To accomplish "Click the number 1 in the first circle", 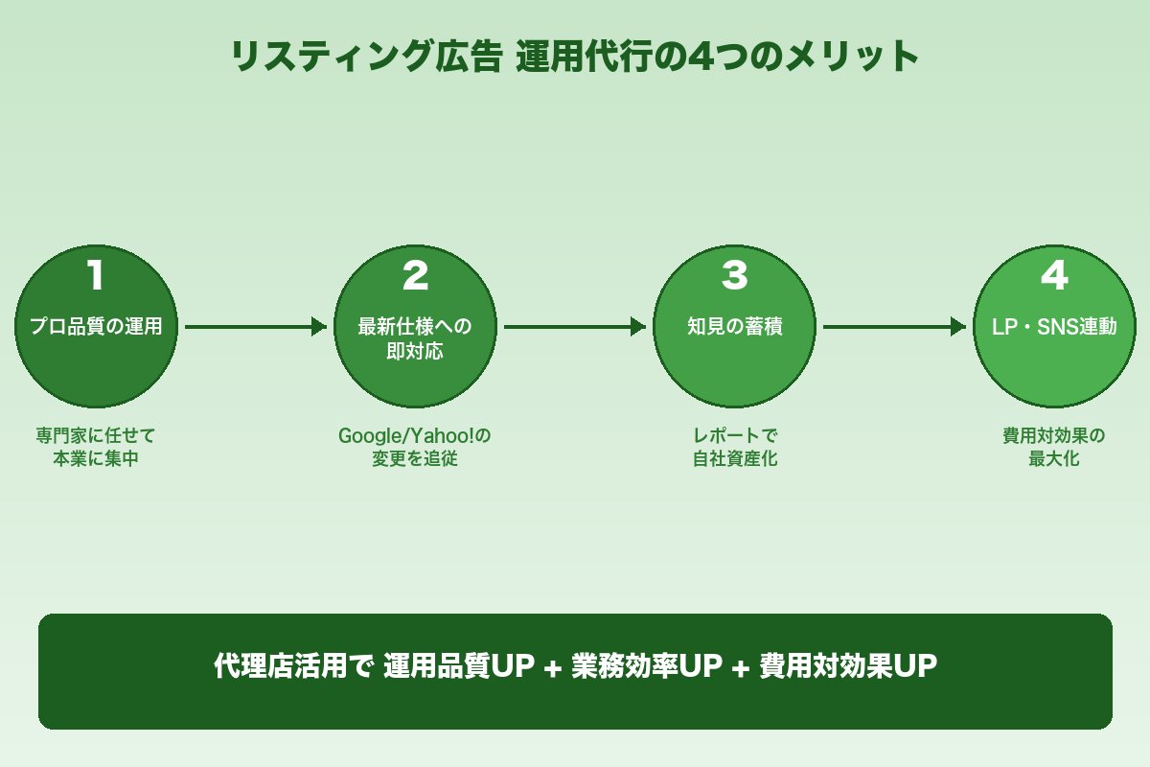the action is tap(95, 276).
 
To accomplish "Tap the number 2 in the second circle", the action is tap(415, 276).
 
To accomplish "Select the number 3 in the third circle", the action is tap(734, 276).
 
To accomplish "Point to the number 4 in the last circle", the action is tap(1054, 276).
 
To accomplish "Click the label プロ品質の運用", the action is tap(96, 327).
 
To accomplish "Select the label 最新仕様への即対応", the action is tap(415, 338).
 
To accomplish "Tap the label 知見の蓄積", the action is tap(734, 327).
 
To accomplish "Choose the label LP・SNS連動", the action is tap(1054, 327).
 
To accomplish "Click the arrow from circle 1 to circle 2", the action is tap(255, 327).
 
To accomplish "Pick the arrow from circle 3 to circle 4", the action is tap(894, 327).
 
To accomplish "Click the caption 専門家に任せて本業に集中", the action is tap(96, 447).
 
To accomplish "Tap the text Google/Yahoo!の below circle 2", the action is tap(415, 436).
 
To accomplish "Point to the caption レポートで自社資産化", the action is tap(734, 447).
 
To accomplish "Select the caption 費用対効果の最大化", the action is tap(1054, 447).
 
